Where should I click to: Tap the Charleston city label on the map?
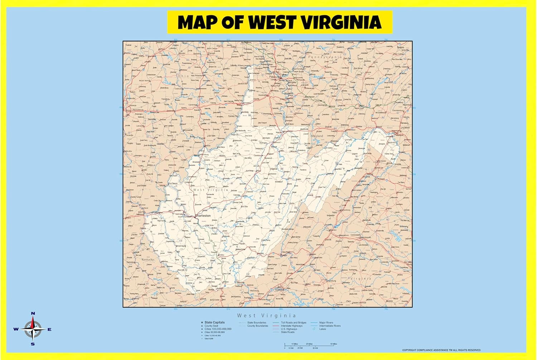(x=203, y=216)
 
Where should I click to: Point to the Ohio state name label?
(x=183, y=76)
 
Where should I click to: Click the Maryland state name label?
(x=316, y=136)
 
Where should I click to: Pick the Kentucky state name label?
(x=148, y=259)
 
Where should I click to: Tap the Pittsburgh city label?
(x=275, y=76)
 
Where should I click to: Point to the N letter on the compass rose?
(x=33, y=313)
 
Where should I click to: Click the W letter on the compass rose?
(x=16, y=329)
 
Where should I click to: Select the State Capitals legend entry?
(x=214, y=322)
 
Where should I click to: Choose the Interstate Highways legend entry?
(x=291, y=326)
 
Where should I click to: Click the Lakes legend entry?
(x=323, y=329)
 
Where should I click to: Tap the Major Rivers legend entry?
(x=326, y=322)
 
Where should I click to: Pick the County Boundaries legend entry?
(x=257, y=326)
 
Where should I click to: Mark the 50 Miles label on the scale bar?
(x=334, y=344)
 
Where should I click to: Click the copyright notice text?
(x=441, y=350)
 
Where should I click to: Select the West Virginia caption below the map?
(x=267, y=316)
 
